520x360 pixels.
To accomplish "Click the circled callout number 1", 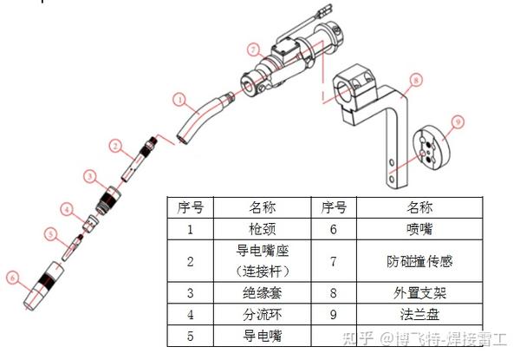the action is point(180,100).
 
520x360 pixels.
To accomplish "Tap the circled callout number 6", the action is point(13,278).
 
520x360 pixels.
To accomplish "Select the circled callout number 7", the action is point(254,49).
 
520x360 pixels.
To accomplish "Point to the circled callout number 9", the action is point(458,122).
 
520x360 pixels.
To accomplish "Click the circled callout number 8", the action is point(416,80).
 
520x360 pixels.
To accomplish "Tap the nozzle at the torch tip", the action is point(43,286).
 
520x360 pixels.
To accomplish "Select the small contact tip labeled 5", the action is point(73,247).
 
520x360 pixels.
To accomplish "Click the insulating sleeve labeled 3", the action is point(108,200).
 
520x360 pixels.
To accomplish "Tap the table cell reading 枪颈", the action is point(262,229).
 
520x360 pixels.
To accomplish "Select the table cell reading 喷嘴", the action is point(419,229).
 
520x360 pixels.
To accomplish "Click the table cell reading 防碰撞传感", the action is point(419,261).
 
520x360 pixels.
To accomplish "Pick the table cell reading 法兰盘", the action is point(419,314).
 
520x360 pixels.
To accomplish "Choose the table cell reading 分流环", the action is point(262,314).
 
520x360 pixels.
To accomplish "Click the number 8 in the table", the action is point(334,293).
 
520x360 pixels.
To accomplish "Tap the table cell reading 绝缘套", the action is point(262,293).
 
